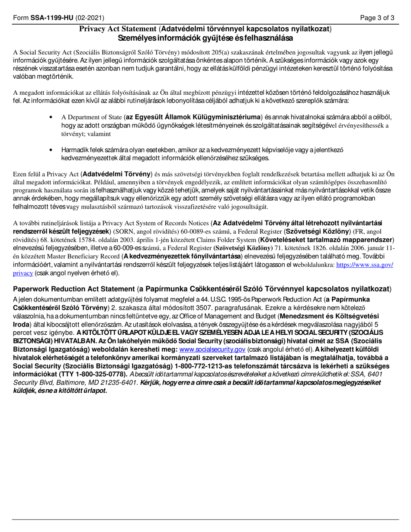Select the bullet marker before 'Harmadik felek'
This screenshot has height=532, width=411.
tap(51, 150)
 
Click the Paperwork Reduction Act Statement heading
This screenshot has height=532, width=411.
tap(74, 289)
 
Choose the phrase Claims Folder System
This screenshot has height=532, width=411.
tap(225, 240)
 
